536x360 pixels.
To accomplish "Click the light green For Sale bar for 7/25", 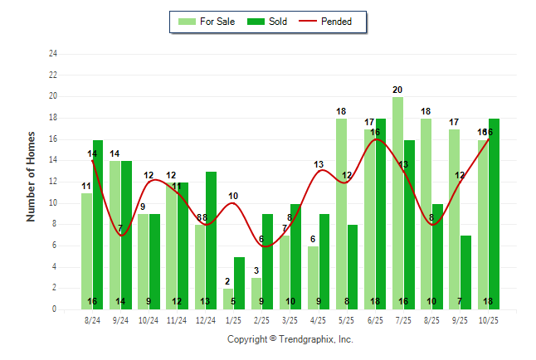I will point(397,203).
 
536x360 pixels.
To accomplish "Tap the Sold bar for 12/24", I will point(211,241).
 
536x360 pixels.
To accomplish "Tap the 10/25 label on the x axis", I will point(489,320).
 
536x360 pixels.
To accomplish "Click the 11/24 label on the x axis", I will point(177,320).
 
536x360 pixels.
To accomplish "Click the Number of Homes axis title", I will point(31,176).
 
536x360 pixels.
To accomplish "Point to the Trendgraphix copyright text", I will point(290,339).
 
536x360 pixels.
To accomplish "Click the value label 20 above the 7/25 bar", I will point(397,90).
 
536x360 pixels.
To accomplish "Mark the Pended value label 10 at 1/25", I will point(233,197).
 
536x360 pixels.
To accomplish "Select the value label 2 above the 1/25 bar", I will point(227,281).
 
